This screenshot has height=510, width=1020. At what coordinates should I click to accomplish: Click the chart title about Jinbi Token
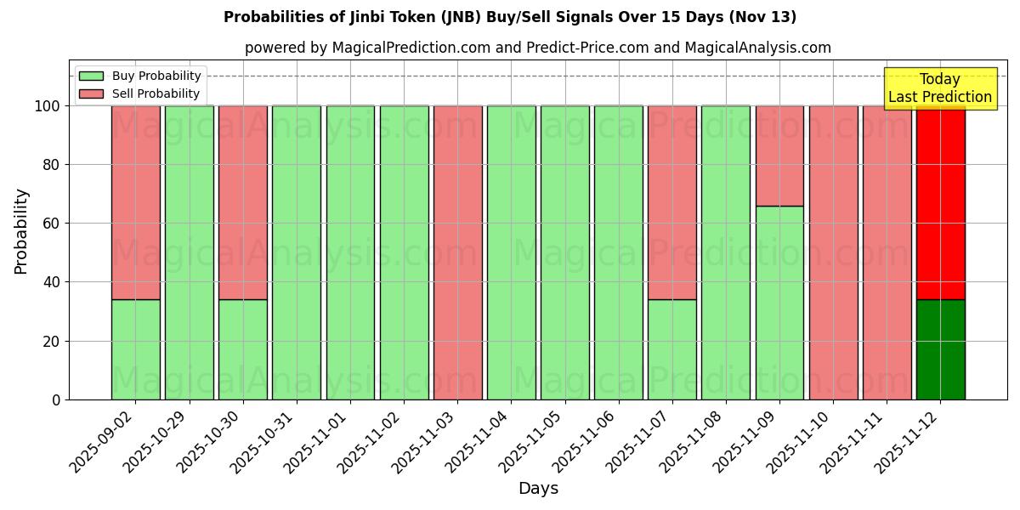510,17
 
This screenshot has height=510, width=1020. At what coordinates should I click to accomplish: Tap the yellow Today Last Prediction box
940,88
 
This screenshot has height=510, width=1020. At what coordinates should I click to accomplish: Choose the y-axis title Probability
21,231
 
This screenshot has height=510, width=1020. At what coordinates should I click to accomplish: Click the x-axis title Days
538,489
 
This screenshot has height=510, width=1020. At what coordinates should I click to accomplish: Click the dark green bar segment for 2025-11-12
940,349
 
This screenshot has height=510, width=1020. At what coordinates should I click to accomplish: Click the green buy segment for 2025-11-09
779,303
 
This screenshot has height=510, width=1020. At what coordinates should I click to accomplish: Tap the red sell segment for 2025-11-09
779,156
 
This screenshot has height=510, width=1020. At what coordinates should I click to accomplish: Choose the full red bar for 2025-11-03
457,252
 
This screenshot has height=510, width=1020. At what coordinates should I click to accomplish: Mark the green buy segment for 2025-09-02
135,349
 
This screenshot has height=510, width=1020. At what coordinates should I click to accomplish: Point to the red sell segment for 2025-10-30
242,202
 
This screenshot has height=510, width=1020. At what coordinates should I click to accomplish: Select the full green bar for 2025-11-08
726,252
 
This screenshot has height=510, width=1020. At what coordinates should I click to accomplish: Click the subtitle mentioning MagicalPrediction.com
538,48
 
